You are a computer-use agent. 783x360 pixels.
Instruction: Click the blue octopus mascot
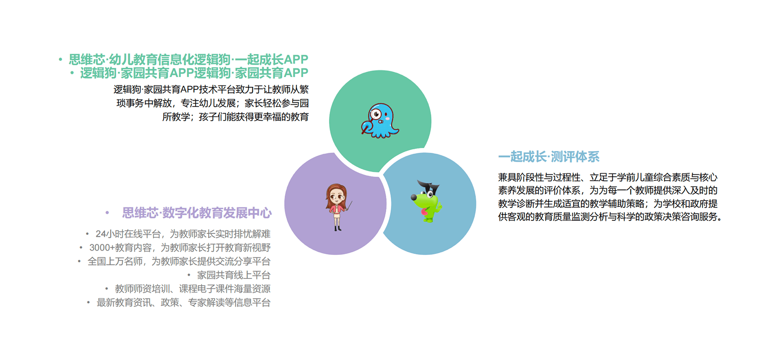(380, 121)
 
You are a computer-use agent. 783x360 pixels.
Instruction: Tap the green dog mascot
(426, 201)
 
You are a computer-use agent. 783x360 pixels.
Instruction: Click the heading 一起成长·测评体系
(549, 157)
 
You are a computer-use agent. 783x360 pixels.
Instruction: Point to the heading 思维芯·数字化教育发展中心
(197, 213)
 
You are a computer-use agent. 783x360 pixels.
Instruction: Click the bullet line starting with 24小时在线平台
(183, 234)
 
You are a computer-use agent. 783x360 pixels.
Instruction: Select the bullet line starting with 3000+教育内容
(180, 248)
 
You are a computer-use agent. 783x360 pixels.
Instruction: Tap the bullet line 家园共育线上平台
(234, 275)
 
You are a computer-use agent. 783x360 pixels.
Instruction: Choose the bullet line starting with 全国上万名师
(179, 261)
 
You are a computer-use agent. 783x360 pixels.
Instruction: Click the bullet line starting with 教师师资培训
(193, 289)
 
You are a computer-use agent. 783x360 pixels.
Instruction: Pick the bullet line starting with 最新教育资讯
(184, 302)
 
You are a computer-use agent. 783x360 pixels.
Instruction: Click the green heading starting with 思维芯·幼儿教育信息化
(188, 60)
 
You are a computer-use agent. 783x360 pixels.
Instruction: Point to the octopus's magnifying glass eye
(375, 114)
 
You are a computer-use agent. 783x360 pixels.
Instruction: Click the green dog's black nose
(414, 197)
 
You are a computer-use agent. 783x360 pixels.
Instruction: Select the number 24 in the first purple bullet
(101, 234)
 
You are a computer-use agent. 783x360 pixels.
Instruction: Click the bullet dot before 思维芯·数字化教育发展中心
(107, 213)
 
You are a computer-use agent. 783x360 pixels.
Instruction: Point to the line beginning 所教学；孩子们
(235, 117)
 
